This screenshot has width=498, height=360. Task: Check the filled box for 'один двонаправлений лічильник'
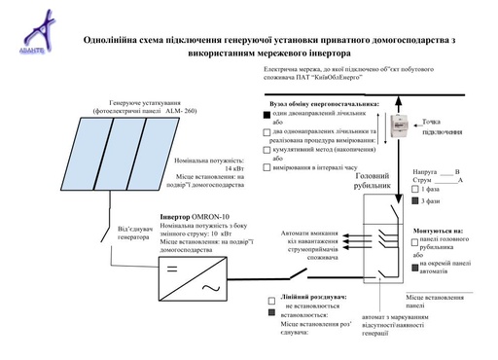click(267, 115)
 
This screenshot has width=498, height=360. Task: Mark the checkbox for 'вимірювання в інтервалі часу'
click(267, 167)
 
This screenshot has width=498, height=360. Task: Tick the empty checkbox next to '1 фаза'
click(413, 188)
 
